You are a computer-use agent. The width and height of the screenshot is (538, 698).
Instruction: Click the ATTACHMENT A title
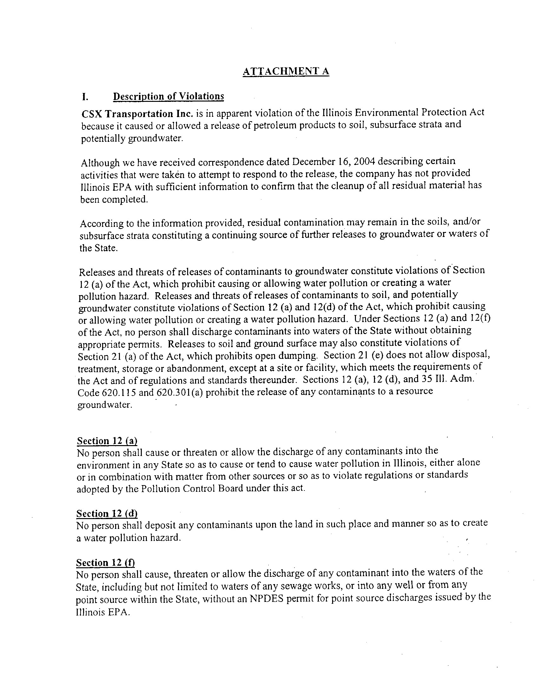coord(285,71)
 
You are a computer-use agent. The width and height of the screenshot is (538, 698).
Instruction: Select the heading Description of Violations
coord(169,96)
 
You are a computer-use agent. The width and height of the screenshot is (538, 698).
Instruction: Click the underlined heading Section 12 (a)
coord(107,441)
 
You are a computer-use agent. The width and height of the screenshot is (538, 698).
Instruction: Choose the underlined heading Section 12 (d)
coord(107,513)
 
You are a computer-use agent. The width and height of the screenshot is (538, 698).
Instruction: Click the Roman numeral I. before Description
coord(85,97)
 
